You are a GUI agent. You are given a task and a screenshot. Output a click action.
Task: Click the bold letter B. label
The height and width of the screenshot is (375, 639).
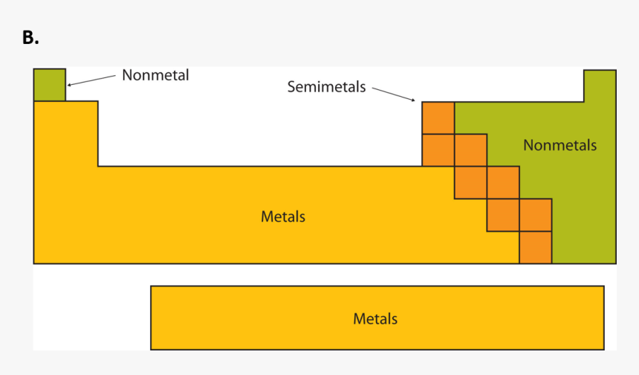pyautogui.click(x=30, y=38)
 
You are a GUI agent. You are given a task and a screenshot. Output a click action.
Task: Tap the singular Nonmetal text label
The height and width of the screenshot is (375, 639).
pyautogui.click(x=155, y=75)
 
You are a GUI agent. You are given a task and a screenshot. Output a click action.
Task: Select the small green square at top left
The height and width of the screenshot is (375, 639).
pyautogui.click(x=49, y=84)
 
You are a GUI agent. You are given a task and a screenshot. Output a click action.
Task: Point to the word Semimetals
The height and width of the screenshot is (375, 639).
pyautogui.click(x=326, y=87)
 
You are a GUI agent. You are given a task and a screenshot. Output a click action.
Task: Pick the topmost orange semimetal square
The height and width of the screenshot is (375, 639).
pyautogui.click(x=438, y=118)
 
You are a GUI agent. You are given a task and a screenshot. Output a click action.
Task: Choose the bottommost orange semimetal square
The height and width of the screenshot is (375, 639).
pyautogui.click(x=535, y=248)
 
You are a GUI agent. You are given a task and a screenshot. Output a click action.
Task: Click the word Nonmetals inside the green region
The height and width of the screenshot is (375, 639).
pyautogui.click(x=559, y=145)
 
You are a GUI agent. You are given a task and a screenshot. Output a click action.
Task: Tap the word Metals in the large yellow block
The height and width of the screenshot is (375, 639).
pyautogui.click(x=283, y=217)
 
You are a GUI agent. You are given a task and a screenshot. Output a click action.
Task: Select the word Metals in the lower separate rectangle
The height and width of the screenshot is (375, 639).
pyautogui.click(x=375, y=318)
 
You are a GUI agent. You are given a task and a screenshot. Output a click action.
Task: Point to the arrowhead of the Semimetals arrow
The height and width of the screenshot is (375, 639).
pyautogui.click(x=413, y=100)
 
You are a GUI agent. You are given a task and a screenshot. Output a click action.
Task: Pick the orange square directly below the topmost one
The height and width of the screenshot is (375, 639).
pyautogui.click(x=438, y=150)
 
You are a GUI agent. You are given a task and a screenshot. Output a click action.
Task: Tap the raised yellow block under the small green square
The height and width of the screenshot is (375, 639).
pyautogui.click(x=65, y=134)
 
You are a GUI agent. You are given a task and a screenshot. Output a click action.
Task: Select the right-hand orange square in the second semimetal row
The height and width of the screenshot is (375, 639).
pyautogui.click(x=470, y=150)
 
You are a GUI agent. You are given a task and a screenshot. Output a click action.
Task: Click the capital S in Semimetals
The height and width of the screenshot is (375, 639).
pyautogui.click(x=291, y=87)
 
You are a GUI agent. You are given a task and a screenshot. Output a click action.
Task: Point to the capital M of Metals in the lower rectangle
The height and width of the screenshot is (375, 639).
pyautogui.click(x=358, y=318)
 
